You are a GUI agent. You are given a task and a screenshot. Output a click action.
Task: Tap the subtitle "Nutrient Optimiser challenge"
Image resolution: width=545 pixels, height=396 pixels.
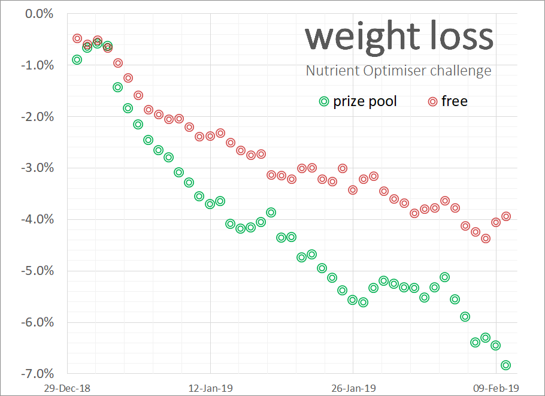(398, 71)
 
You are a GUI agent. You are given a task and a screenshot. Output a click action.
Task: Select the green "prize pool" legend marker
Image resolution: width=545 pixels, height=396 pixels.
(324, 101)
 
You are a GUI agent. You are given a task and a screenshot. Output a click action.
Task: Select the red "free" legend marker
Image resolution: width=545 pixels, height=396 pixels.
(432, 101)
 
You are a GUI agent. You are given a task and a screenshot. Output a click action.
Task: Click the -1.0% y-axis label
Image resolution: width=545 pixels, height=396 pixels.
(37, 65)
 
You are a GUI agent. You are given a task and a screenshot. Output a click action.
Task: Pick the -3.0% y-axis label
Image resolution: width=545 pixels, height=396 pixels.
(37, 168)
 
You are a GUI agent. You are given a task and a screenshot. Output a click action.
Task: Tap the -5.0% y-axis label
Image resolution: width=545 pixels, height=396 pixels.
(37, 271)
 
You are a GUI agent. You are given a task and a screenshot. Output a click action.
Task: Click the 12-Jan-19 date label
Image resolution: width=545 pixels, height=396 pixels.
(211, 388)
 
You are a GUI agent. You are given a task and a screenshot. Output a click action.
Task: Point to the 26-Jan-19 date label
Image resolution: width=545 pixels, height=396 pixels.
(353, 388)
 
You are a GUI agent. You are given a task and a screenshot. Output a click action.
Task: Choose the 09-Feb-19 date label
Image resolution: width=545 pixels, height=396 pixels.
(496, 388)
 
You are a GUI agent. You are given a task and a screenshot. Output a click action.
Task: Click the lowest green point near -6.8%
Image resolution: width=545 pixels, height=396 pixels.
(505, 365)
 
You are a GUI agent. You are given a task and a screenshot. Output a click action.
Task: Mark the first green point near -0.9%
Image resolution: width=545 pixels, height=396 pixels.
(77, 59)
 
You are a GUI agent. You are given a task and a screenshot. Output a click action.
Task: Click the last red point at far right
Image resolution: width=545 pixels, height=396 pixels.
(505, 216)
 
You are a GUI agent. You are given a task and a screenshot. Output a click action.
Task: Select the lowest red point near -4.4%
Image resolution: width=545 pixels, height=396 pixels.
(485, 238)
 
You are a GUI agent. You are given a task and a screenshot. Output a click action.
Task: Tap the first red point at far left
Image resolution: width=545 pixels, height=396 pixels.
(77, 38)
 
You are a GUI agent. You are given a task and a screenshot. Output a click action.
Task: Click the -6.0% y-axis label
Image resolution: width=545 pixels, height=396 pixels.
(37, 322)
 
